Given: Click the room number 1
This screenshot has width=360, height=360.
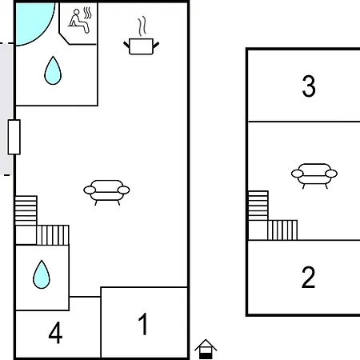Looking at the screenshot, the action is [x=143, y=324].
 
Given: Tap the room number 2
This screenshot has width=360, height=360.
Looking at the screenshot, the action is [x=309, y=278].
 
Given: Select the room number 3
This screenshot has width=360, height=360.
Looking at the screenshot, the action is [x=309, y=86].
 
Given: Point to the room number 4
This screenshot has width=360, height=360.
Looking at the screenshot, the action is [x=55, y=333].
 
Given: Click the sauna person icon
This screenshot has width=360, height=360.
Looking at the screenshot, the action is [x=78, y=22].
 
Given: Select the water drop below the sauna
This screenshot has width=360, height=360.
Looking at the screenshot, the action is [x=53, y=71].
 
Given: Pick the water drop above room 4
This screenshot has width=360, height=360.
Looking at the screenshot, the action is [x=42, y=275].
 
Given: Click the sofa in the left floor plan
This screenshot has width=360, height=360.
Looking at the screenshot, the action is [x=106, y=192].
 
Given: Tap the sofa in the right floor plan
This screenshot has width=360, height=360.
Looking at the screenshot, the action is [x=314, y=176].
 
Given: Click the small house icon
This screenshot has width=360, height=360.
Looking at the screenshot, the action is [x=206, y=349].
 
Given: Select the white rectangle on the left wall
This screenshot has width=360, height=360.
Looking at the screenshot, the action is [x=14, y=137].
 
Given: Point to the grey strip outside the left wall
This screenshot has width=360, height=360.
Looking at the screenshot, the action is [x=6, y=110].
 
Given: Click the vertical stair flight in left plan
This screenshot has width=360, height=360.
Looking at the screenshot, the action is [x=26, y=210].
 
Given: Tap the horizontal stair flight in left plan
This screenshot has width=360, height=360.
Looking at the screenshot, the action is [x=53, y=235].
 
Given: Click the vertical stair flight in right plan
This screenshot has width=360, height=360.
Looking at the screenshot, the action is [x=258, y=206].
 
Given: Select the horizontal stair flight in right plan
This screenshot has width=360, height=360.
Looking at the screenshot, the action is [x=282, y=230].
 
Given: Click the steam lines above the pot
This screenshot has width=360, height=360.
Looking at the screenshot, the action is [x=142, y=26].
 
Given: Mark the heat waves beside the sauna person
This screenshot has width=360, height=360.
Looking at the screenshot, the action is [x=87, y=14].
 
